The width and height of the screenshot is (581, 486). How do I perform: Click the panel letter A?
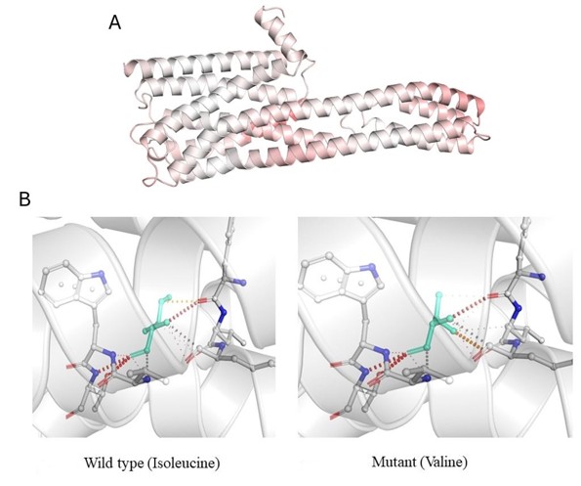(x=115, y=23)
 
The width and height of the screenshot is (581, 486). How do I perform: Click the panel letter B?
(x=24, y=199)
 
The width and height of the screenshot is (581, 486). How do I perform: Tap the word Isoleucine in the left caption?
(x=184, y=464)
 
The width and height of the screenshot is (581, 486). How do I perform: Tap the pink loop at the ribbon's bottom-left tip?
(x=152, y=182)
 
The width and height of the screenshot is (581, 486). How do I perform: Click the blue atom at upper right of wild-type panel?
(x=242, y=283)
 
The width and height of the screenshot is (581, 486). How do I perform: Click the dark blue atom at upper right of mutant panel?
(x=541, y=277)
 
